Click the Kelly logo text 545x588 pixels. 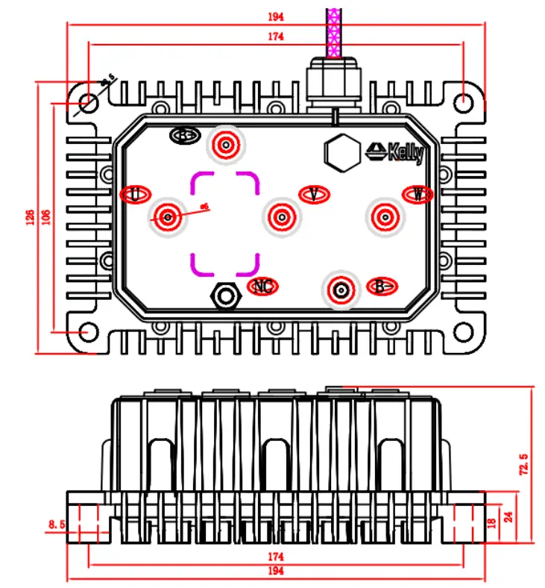point(396,152)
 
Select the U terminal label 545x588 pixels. point(134,194)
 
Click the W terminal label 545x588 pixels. point(418,194)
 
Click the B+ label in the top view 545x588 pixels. point(183,135)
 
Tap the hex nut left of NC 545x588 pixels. point(225,295)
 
